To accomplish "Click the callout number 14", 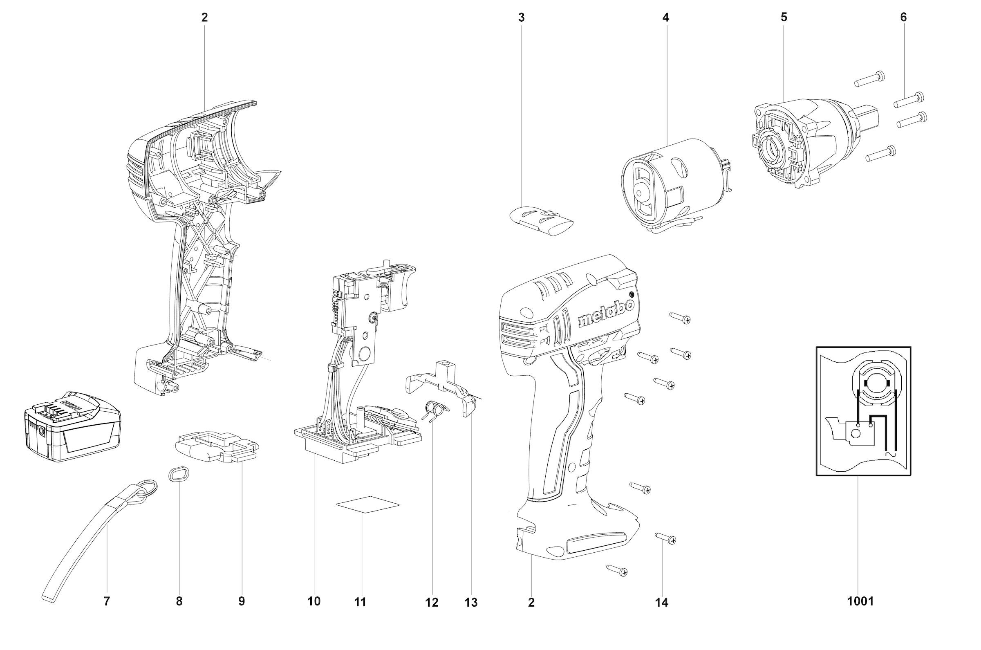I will click(662, 602).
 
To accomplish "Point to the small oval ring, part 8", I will click(179, 473).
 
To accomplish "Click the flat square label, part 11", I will click(367, 504).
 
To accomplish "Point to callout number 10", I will click(314, 601).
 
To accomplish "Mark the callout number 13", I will click(471, 602).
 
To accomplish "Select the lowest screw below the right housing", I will click(617, 571).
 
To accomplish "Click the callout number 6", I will click(903, 18).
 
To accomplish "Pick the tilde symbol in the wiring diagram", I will click(890, 455).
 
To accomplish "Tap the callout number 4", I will click(666, 18).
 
